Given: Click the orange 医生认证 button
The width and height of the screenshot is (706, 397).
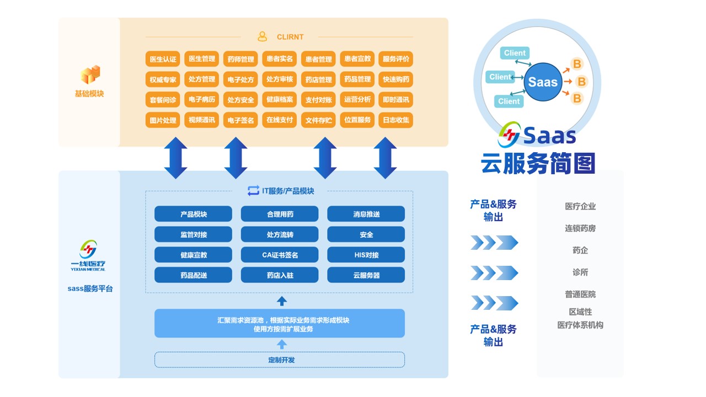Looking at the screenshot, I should (163, 59).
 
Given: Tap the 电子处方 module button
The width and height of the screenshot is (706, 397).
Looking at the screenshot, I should (240, 79).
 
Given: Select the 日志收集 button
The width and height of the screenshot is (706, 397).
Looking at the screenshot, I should (395, 120).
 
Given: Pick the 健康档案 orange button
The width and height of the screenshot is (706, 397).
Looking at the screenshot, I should (279, 100).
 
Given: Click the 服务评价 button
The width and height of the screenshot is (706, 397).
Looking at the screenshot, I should (395, 59).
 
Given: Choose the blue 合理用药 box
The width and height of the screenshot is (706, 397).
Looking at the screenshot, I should (280, 214).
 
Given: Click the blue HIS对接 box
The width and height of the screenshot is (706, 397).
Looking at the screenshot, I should (366, 255).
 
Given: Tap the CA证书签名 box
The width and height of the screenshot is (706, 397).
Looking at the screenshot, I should (280, 255).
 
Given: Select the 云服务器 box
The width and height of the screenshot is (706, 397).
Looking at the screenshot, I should (366, 275).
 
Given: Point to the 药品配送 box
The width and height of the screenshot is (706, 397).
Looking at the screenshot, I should (193, 275).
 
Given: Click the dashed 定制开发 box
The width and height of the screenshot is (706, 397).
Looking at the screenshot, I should (280, 360).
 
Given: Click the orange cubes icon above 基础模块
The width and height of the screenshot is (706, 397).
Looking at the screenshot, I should (90, 74).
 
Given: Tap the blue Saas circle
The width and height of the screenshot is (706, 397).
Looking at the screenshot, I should (543, 82).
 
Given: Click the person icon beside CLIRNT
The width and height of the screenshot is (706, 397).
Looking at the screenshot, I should (262, 37).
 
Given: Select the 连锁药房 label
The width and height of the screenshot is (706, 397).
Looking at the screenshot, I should (580, 228).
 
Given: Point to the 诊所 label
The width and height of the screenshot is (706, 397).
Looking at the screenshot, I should (580, 272).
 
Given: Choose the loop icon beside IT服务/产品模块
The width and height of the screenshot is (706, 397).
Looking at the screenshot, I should (253, 191).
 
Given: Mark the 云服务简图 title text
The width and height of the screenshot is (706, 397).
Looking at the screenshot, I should (538, 163).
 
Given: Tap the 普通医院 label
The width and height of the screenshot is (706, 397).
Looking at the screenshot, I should (580, 294).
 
